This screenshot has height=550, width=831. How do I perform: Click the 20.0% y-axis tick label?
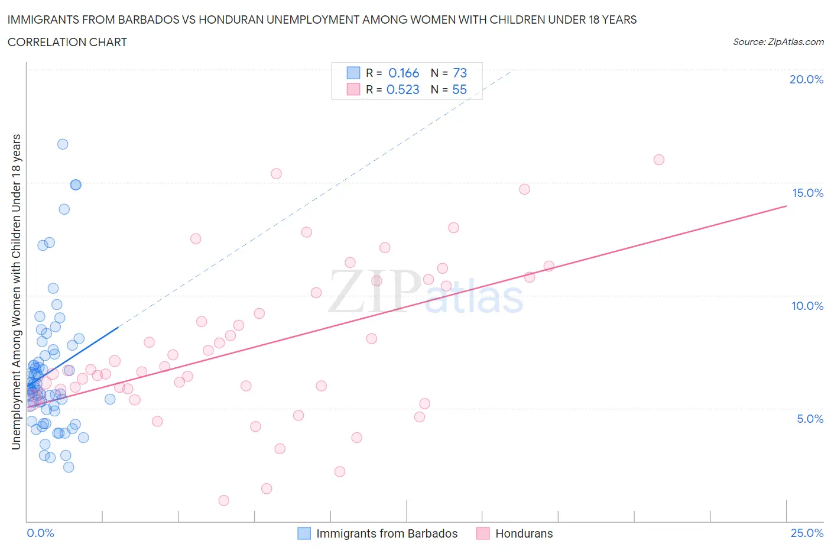(806, 79)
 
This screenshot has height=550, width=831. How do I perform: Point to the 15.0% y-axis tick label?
(807, 193)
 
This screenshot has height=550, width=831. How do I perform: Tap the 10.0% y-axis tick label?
(807, 306)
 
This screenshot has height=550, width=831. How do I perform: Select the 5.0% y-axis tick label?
(810, 419)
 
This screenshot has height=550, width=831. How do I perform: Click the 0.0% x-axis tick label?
(40, 533)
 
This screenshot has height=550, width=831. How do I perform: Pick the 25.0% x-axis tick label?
(807, 533)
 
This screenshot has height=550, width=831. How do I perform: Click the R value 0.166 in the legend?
(404, 73)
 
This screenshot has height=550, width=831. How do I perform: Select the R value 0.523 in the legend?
(402, 89)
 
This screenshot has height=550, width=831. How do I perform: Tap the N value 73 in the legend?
(460, 73)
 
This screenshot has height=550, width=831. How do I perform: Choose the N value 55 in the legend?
(459, 89)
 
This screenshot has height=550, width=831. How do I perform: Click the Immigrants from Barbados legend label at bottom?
(387, 533)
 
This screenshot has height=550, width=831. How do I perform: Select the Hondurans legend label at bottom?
(524, 533)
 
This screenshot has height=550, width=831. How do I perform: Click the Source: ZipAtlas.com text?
(778, 41)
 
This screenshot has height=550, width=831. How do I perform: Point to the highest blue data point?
(63, 144)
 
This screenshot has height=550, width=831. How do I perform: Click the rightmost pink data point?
(659, 160)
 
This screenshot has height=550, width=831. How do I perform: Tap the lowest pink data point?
(224, 500)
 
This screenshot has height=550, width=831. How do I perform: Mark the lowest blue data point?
(69, 467)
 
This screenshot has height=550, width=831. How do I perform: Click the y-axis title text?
(17, 292)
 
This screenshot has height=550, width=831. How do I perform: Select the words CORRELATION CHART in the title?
(67, 42)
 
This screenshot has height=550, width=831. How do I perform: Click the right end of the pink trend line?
(786, 206)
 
